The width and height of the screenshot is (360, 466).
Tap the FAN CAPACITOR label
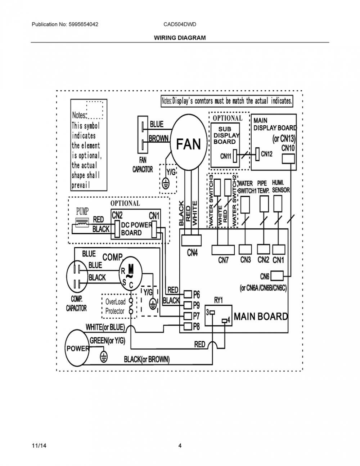(143, 165)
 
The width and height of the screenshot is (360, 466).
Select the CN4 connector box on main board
(192, 240)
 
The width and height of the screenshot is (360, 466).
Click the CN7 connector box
(223, 250)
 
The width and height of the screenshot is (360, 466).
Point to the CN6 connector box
(277, 276)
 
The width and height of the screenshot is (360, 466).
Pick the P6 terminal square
(188, 295)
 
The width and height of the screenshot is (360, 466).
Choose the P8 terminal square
(188, 326)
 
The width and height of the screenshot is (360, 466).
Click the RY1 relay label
(219, 300)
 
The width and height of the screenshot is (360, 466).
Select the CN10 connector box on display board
(288, 159)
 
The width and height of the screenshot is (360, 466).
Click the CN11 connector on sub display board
(235, 156)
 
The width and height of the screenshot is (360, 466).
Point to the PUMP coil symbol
(82, 223)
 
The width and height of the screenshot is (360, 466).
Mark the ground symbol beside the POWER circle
(104, 357)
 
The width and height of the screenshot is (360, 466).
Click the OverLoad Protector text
(115, 306)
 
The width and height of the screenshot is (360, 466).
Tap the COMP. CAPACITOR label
(76, 304)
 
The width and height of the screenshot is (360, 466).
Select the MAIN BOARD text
(261, 317)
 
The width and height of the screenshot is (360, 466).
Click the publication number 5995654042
(84, 24)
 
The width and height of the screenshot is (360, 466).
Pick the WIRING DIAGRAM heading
(180, 38)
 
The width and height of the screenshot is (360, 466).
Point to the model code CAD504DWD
(180, 24)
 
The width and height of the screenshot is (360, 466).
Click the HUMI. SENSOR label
(281, 187)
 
